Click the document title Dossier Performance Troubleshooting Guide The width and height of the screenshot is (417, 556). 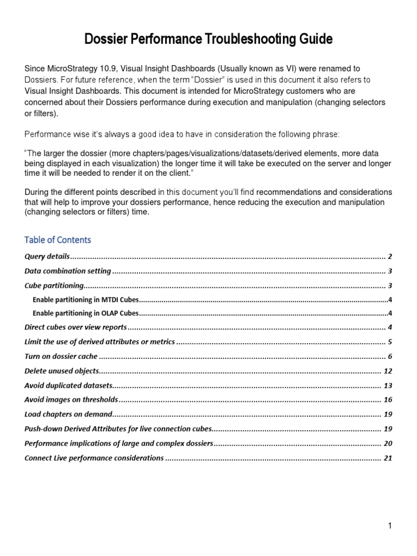208,39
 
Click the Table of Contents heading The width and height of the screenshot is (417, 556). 58,239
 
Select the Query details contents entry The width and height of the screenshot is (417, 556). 47,256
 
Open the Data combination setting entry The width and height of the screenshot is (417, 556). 68,271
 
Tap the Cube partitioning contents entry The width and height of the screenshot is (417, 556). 54,286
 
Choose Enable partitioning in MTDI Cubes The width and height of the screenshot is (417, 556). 85,300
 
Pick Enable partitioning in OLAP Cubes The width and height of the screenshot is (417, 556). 85,313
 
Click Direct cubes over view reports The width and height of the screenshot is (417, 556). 75,327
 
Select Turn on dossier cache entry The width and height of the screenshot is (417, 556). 61,357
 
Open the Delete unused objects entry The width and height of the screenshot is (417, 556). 62,371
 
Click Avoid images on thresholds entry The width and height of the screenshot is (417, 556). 71,400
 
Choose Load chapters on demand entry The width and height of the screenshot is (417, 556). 68,414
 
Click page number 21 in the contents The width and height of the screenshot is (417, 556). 388,458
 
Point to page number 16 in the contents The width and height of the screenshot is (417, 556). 388,400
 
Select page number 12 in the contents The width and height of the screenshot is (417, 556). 388,371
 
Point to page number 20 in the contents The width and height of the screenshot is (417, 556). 388,444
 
